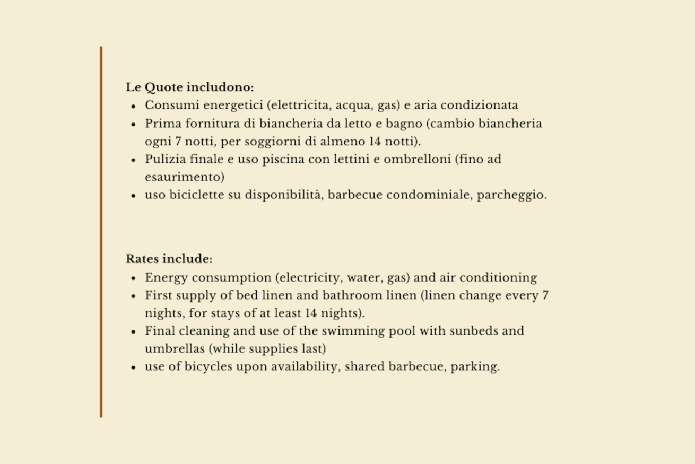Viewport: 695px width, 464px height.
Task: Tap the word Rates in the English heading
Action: tap(142, 259)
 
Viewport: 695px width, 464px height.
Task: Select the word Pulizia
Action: tap(164, 159)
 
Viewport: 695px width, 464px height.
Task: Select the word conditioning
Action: tap(498, 278)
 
